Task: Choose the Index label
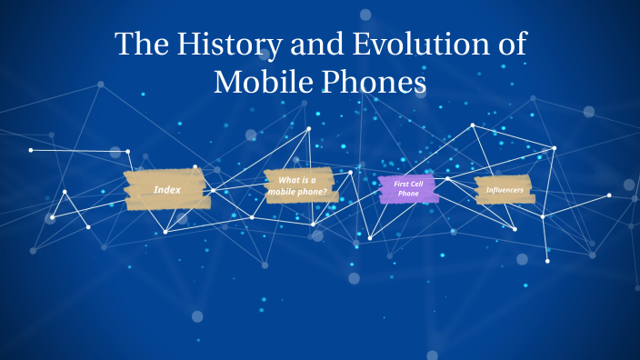coord(167,189)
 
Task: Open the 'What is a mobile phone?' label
coord(301,185)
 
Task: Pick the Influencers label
coord(505,189)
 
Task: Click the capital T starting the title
coord(124,45)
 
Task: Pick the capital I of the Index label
coord(155,189)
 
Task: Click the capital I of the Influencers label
coord(488,189)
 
